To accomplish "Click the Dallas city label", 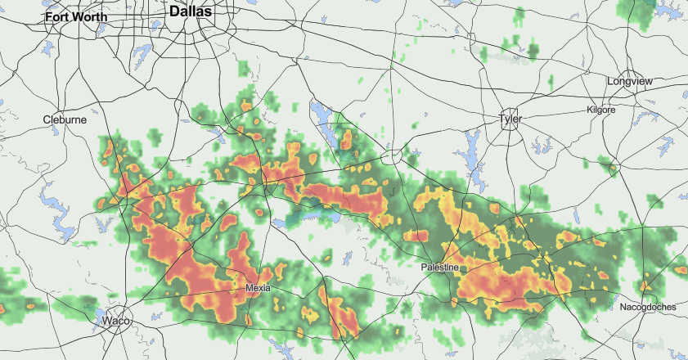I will tap(191, 11).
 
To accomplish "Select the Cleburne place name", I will tap(65, 119).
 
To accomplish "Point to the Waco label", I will tap(116, 322).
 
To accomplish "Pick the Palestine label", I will tap(443, 268).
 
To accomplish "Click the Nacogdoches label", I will tap(647, 306).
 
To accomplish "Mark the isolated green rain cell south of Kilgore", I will tap(609, 168).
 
